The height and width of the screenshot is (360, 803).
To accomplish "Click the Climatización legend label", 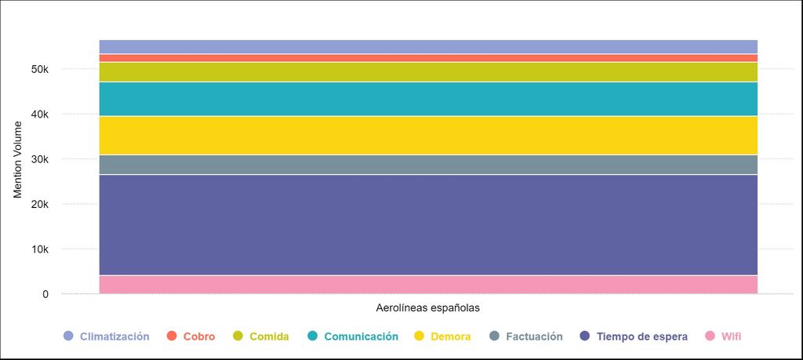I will click(114, 336).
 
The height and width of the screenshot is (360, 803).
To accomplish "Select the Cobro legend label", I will click(198, 336).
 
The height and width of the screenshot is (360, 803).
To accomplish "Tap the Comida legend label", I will click(269, 336).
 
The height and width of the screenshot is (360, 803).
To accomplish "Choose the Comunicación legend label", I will click(361, 336).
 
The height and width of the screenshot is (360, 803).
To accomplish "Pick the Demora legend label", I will click(450, 336).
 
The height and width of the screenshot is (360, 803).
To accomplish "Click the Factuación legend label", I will click(534, 336).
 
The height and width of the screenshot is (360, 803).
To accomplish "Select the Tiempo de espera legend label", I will click(641, 336).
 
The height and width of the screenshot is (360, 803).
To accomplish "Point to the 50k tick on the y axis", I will click(40, 69).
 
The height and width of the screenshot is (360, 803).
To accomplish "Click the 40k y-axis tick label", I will click(40, 115).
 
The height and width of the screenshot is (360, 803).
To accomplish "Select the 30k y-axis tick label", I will click(40, 159).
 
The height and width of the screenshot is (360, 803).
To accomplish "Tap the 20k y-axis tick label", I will click(40, 205).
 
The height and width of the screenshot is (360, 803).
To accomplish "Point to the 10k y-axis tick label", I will click(40, 249).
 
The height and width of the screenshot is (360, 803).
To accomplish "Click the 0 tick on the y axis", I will click(45, 294).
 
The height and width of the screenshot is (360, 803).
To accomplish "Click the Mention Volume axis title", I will click(18, 159).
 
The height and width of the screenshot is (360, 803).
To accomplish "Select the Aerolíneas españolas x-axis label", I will click(427, 307).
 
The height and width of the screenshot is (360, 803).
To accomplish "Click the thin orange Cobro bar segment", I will click(428, 58).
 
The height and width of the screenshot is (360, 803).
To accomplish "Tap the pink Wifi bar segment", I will click(428, 285).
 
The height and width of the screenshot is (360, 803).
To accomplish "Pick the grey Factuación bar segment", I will click(428, 165).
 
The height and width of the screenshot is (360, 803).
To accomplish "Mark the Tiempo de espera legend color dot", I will click(584, 336).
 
